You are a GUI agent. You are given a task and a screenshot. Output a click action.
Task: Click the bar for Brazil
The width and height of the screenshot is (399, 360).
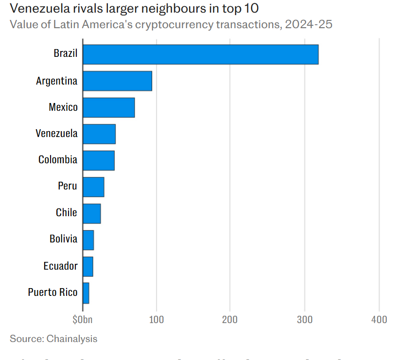[x=200, y=54]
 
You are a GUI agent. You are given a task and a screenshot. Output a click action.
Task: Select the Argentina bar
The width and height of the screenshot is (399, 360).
[x=117, y=81]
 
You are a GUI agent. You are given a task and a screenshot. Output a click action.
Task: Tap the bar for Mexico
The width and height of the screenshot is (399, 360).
[x=108, y=107]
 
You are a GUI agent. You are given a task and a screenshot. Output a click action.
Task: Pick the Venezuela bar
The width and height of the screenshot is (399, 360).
[x=99, y=134]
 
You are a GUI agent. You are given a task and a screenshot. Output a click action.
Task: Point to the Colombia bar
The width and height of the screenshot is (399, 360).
[x=99, y=160]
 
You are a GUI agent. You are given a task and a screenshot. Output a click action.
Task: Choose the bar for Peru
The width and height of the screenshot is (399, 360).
[x=93, y=187]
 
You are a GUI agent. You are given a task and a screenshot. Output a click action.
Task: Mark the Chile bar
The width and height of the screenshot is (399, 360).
[x=92, y=213]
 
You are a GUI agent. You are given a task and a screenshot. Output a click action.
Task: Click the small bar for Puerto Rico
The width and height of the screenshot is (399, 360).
[x=86, y=293]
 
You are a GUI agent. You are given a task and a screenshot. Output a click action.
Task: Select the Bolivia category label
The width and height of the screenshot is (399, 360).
[x=63, y=239]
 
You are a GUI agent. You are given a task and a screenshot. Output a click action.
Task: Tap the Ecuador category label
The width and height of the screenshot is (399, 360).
[x=60, y=266]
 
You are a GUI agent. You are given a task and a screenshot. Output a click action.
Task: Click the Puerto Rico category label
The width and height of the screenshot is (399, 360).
[x=52, y=292]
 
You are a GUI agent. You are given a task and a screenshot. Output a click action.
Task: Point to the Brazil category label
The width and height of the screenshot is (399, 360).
[x=66, y=53]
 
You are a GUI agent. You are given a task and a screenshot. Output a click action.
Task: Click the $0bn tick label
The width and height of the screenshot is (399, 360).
[x=82, y=320]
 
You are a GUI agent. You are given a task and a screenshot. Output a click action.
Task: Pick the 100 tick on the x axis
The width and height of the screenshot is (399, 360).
[x=156, y=320]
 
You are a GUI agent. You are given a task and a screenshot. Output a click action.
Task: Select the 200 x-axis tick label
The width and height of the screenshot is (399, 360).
[x=230, y=320]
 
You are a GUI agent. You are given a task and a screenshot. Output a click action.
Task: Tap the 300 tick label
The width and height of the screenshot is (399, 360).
[x=305, y=320]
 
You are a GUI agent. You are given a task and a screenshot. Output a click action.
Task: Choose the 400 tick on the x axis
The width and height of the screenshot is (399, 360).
[x=379, y=320]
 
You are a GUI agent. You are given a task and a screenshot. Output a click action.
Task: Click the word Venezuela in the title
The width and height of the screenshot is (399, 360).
[x=37, y=8]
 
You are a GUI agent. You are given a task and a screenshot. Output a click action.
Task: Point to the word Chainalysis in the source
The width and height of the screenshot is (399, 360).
[x=72, y=339]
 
